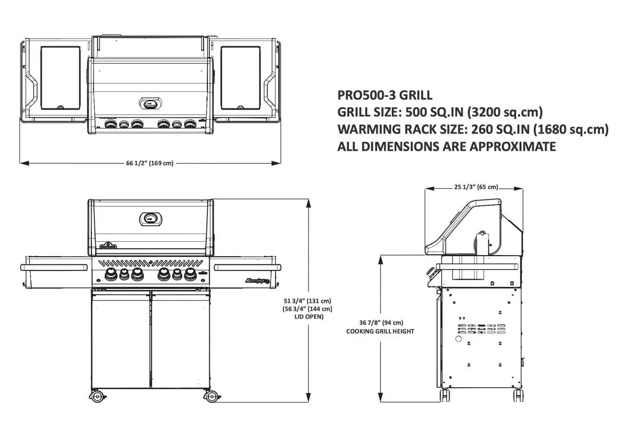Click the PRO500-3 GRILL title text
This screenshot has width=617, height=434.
pyautogui.click(x=385, y=95)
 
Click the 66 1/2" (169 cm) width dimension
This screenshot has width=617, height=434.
pyautogui.click(x=150, y=164)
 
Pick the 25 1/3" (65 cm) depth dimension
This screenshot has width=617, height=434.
pyautogui.click(x=476, y=187)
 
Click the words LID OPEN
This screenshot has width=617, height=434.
pyautogui.click(x=307, y=317)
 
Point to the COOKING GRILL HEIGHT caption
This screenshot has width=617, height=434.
pyautogui.click(x=381, y=332)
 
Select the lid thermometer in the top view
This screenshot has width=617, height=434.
pyautogui.click(x=151, y=103)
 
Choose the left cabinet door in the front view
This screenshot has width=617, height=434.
pyautogui.click(x=121, y=339)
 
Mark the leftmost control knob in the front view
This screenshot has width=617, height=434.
pyautogui.click(x=110, y=274)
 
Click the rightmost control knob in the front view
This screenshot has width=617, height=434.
pyautogui.click(x=191, y=274)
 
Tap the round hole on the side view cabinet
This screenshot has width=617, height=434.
pyautogui.click(x=458, y=340)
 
